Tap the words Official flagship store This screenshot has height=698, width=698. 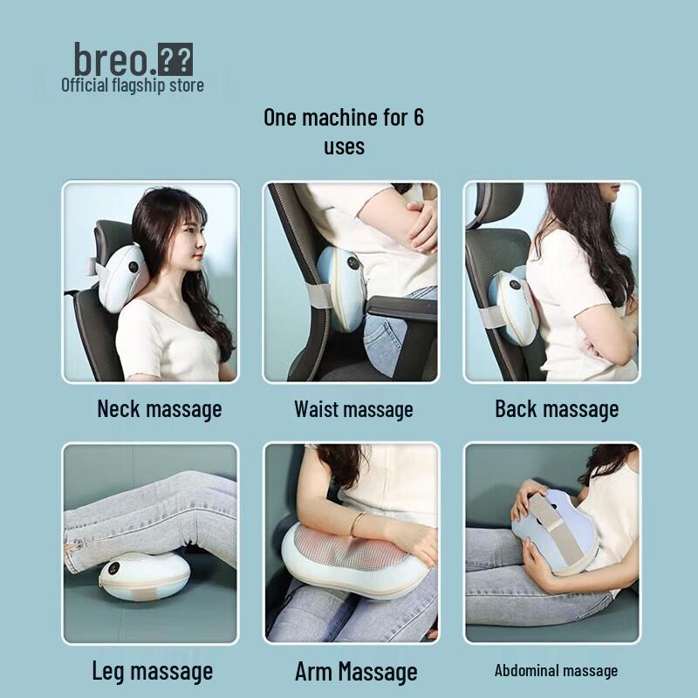(133, 85)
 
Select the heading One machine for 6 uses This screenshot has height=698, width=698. (344, 130)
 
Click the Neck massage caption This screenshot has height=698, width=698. (160, 408)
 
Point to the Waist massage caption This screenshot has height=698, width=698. (353, 408)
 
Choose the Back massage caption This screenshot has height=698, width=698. (557, 408)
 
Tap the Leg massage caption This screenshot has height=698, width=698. (153, 671)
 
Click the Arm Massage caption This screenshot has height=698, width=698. (356, 671)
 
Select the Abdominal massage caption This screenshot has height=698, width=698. (556, 670)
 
